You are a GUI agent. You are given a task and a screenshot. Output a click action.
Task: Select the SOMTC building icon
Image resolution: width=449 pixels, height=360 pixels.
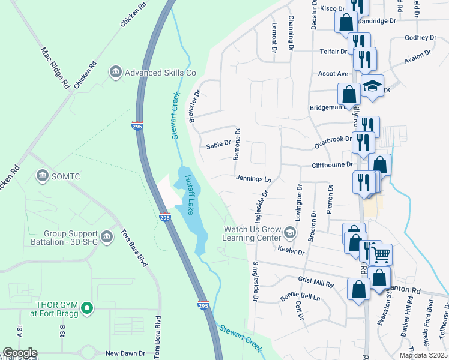click(43, 175)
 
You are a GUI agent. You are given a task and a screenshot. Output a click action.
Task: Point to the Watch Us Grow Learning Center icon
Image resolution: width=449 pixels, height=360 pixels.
click(290, 232)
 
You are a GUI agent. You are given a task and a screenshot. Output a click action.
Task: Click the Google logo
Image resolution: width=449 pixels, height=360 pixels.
click(20, 353)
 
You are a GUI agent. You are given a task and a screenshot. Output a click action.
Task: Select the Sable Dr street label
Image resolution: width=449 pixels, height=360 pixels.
click(218, 144)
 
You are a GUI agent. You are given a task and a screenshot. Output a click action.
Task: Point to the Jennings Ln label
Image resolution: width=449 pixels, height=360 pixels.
click(253, 178)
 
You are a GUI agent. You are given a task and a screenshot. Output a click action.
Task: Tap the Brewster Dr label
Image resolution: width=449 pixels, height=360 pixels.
click(194, 106)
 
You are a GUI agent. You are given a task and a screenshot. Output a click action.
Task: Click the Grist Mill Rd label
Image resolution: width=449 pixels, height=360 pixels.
click(315, 280)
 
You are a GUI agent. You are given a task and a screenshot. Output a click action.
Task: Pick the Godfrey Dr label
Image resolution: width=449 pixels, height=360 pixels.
click(420, 38)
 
